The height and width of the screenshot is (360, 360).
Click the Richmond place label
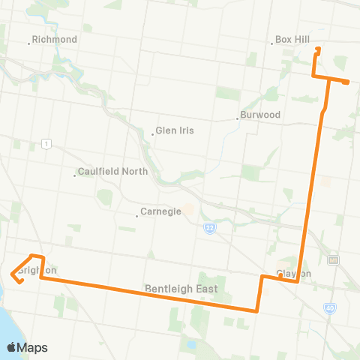[x=55, y=39]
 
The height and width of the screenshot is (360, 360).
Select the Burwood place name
[x=260, y=115]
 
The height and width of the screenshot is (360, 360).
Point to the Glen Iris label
[x=175, y=130]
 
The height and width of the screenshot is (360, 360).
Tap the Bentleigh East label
[x=180, y=289]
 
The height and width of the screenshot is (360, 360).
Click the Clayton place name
[x=294, y=274]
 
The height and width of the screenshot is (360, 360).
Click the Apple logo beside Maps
[x=12, y=347]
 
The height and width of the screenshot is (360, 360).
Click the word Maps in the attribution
[x=34, y=347]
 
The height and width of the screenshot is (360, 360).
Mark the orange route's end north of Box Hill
[x=319, y=49]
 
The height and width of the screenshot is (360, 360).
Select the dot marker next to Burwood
[x=237, y=116]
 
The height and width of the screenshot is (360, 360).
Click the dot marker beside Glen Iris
[x=152, y=131]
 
